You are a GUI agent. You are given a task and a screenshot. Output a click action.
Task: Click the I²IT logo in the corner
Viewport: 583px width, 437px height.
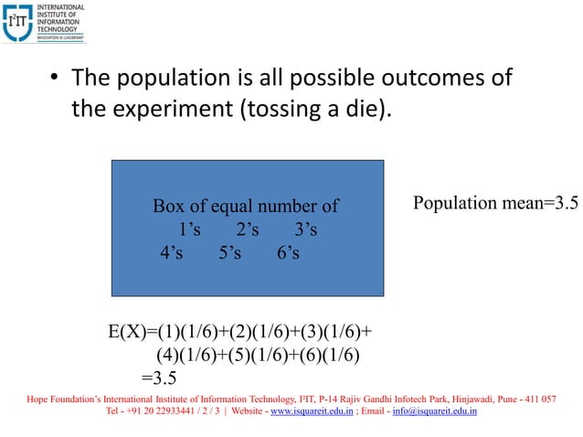pyautogui.click(x=44, y=23)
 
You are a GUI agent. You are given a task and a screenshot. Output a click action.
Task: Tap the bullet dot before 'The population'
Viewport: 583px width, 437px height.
pyautogui.click(x=54, y=80)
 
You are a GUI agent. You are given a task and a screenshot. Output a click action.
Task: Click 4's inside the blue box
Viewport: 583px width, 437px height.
pyautogui.click(x=171, y=251)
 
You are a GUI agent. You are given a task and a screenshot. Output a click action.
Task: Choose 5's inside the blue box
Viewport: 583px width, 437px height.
pyautogui.click(x=229, y=251)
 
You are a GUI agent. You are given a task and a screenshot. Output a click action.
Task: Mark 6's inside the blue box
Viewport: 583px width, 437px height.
pyautogui.click(x=287, y=251)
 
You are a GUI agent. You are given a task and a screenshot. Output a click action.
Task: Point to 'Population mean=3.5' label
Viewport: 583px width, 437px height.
pyautogui.click(x=495, y=203)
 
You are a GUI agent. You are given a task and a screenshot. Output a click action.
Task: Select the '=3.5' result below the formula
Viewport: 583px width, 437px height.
pyautogui.click(x=159, y=378)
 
